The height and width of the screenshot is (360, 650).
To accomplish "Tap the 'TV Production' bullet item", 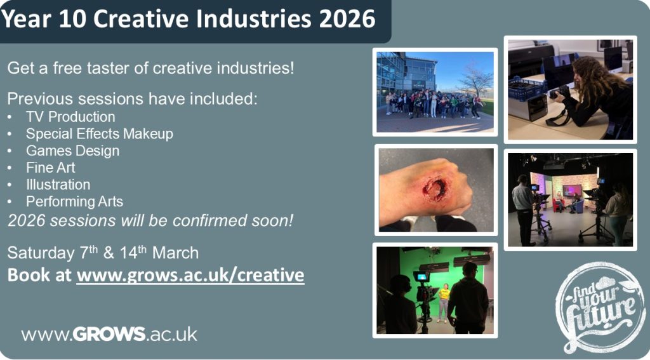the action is click(x=70, y=117).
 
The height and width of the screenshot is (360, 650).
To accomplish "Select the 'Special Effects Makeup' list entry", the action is click(x=100, y=134).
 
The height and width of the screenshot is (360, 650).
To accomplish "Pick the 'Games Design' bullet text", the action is click(x=72, y=151).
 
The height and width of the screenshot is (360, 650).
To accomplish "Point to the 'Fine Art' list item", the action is click(x=51, y=168).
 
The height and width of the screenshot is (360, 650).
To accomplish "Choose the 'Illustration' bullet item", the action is click(x=58, y=185).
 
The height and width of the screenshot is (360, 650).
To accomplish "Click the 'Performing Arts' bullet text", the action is click(x=75, y=201).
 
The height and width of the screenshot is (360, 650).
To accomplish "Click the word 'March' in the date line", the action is click(x=175, y=253).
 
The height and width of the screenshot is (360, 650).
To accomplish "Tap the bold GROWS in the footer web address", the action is click(x=109, y=334).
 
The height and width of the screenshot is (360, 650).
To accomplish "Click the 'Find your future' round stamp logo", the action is click(x=600, y=307).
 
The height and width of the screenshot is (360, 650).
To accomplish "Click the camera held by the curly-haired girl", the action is click(x=560, y=91).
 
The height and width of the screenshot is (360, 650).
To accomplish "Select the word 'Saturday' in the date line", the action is click(x=41, y=253).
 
